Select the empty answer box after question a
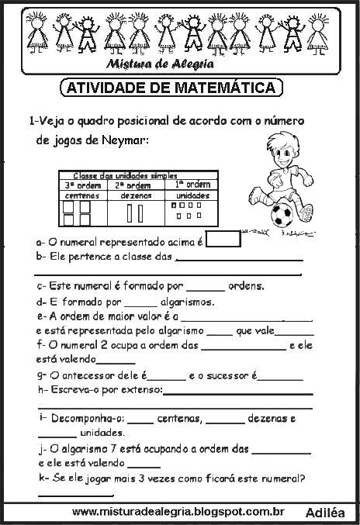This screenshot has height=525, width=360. [x=223, y=240]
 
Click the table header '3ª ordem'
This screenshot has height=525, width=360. [x=80, y=185]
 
